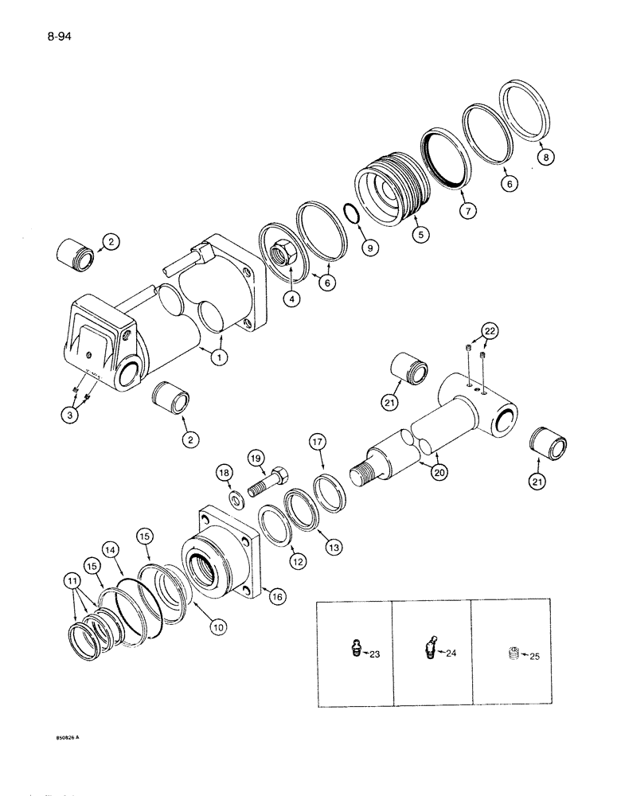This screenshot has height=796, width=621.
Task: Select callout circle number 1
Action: click(x=214, y=358)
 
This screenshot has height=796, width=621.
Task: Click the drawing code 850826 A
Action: click(x=61, y=737)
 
